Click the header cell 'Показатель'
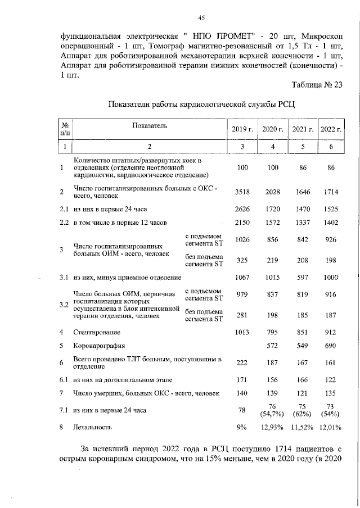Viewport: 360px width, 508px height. [x=150, y=126]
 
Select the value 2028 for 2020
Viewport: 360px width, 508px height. [x=272, y=192]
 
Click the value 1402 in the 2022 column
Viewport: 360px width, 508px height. [x=331, y=223]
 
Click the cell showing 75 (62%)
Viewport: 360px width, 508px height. [x=302, y=410]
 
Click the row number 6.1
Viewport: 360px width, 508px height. [x=65, y=380]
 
